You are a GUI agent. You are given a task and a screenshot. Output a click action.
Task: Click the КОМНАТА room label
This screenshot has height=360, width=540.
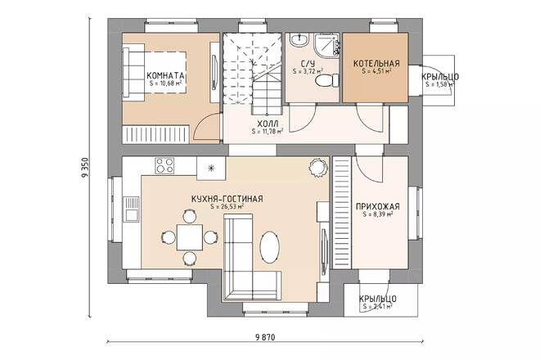[x=166, y=75]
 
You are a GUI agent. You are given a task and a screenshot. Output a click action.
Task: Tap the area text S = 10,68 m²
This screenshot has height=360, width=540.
[x=166, y=83]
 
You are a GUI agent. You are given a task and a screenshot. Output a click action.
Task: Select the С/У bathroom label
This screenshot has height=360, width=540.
[x=308, y=64]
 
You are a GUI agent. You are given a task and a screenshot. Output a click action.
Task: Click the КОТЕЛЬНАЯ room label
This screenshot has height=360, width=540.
[x=376, y=64]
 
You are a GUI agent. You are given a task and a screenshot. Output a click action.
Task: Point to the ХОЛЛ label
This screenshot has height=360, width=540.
[x=268, y=123]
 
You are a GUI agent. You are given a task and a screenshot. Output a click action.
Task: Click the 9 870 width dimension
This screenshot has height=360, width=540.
[x=267, y=337]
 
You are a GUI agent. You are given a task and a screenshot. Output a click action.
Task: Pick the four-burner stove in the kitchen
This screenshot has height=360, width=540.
[x=164, y=166]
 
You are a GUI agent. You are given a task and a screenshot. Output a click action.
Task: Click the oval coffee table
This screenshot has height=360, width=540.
[x=269, y=245]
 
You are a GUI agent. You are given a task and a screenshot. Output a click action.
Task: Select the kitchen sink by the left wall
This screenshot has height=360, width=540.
[x=130, y=209]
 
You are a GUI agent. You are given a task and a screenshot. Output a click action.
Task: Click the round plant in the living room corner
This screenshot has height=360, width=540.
[x=315, y=167]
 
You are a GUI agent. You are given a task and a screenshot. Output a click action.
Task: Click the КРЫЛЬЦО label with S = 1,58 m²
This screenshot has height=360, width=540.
[x=439, y=78]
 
